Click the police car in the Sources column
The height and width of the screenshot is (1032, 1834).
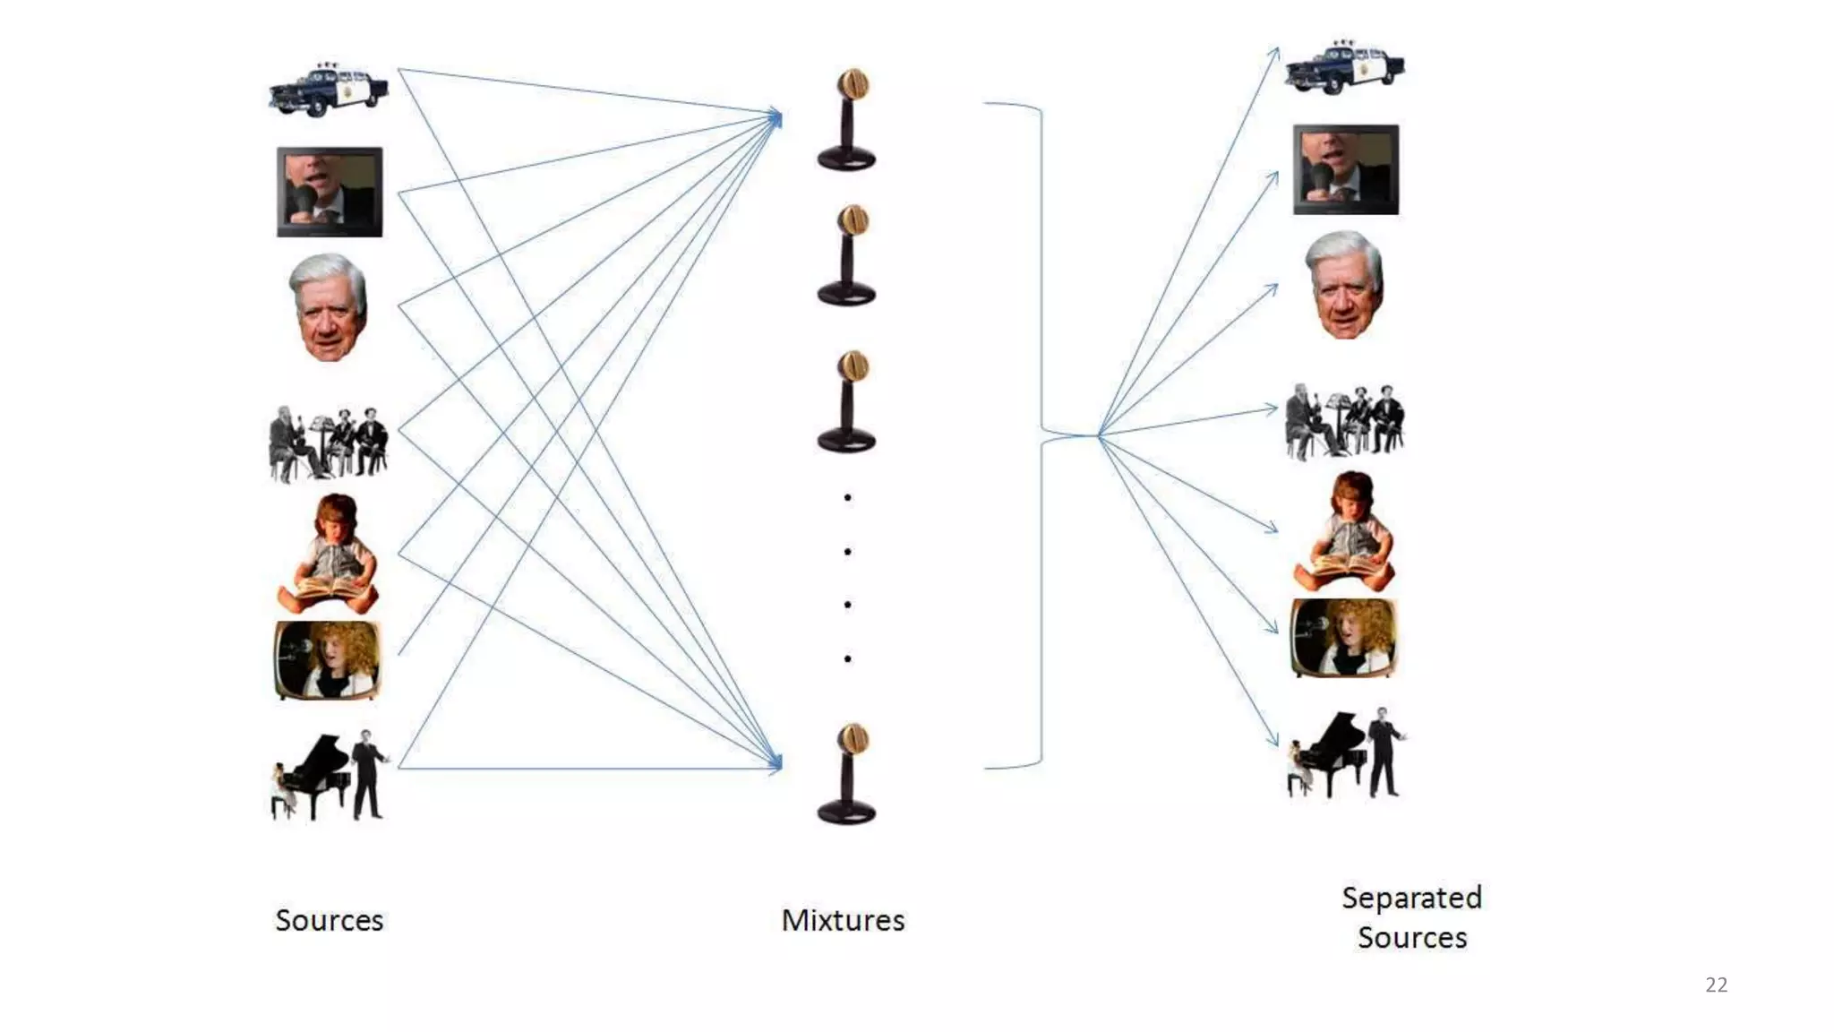[329, 90]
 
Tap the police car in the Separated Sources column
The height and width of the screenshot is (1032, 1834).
[1344, 67]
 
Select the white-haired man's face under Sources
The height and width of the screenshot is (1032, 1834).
[329, 306]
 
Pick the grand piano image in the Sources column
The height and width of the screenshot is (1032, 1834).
[329, 776]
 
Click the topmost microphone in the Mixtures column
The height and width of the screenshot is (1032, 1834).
[847, 119]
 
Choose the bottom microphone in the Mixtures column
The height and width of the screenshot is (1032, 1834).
[847, 774]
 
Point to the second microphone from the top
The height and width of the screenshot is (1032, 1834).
[847, 256]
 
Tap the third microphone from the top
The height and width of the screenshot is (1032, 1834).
[847, 401]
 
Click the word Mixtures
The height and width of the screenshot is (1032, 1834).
[843, 920]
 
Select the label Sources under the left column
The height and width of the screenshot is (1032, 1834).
[329, 920]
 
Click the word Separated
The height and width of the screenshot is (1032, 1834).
[1411, 898]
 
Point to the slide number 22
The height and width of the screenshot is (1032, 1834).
[1716, 985]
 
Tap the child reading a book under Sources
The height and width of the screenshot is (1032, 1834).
[329, 554]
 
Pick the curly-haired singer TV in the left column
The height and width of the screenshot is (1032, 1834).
[328, 660]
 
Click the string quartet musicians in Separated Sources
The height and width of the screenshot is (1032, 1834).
[1344, 421]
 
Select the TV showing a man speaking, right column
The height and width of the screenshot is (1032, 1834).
[1345, 169]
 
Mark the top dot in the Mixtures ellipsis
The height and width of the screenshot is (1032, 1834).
[847, 497]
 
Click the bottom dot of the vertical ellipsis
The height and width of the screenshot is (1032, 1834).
[847, 659]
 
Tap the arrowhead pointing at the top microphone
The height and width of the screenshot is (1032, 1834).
[776, 117]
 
